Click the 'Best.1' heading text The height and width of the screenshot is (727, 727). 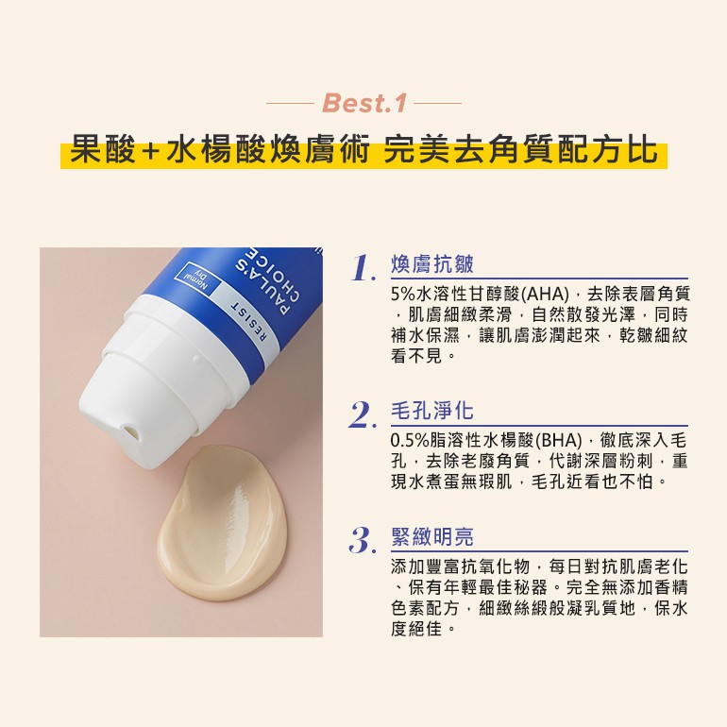tap(363, 103)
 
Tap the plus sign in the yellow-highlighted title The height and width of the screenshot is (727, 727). tap(150, 152)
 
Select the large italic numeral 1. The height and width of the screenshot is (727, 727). tap(363, 268)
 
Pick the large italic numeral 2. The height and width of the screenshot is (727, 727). tap(363, 415)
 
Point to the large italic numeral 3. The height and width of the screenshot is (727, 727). tap(363, 540)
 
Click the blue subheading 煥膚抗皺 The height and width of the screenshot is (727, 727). tap(432, 264)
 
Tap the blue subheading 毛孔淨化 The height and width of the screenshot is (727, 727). tap(432, 411)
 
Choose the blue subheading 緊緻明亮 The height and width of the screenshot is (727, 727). tap(432, 537)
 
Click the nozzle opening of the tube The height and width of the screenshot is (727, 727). tap(129, 430)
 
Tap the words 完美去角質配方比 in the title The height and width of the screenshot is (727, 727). tap(520, 150)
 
